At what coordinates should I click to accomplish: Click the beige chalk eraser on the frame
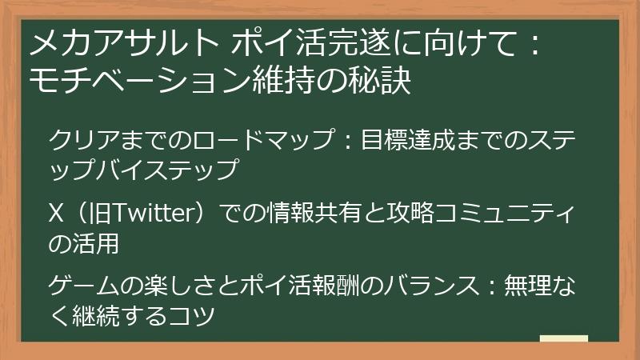point(564,341)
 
